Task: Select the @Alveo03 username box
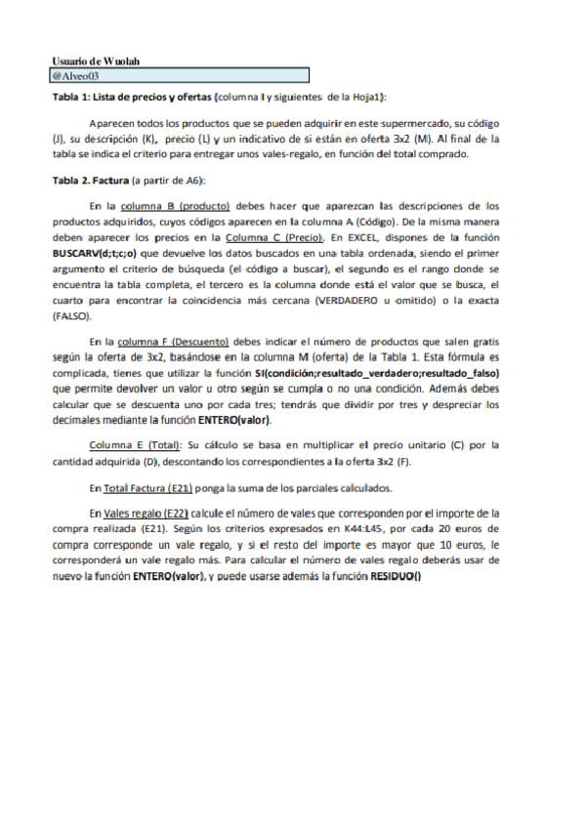[180, 75]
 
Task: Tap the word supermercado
[439, 124]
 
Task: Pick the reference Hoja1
[365, 98]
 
